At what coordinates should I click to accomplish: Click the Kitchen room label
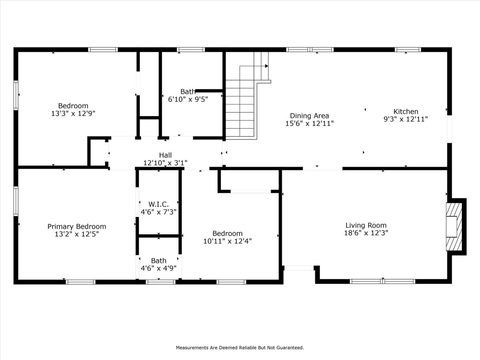pyautogui.click(x=406, y=112)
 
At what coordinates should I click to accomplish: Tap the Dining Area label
pyautogui.click(x=310, y=116)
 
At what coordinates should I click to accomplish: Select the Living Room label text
pyautogui.click(x=366, y=225)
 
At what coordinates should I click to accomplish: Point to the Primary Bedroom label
pyautogui.click(x=77, y=226)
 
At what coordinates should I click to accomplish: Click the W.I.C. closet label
pyautogui.click(x=158, y=204)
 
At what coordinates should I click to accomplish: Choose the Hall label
pyautogui.click(x=165, y=155)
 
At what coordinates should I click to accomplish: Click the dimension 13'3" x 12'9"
pyautogui.click(x=73, y=114)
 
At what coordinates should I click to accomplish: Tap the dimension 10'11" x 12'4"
pyautogui.click(x=228, y=241)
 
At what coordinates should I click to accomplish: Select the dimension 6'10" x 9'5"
pyautogui.click(x=188, y=100)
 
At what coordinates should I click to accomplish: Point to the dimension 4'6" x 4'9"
pyautogui.click(x=158, y=268)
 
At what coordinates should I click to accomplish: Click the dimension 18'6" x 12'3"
pyautogui.click(x=366, y=233)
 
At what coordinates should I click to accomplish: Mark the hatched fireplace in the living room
pyautogui.click(x=454, y=227)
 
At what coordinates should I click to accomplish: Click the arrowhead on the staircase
pyautogui.click(x=266, y=66)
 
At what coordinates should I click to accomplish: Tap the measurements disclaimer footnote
pyautogui.click(x=240, y=348)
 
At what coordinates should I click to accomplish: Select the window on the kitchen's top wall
pyautogui.click(x=408, y=50)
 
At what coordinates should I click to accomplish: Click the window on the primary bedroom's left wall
pyautogui.click(x=16, y=201)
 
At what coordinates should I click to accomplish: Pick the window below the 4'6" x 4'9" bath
pyautogui.click(x=160, y=282)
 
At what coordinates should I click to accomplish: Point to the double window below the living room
pyautogui.click(x=382, y=282)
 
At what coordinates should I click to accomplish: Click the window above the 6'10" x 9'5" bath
pyautogui.click(x=191, y=50)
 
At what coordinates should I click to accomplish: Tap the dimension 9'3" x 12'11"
pyautogui.click(x=406, y=119)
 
